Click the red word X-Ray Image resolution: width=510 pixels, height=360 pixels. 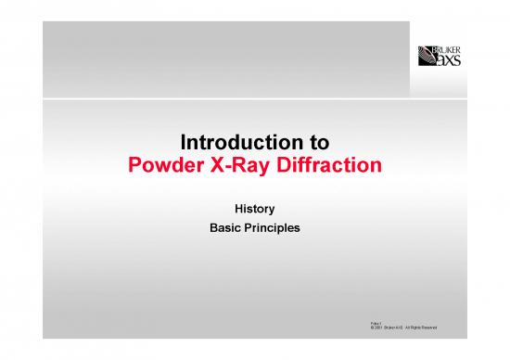point(240,168)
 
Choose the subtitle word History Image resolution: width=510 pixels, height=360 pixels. point(254,210)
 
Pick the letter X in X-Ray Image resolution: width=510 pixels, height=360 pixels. point(215,168)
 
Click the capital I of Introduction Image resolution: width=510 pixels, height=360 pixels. point(182,145)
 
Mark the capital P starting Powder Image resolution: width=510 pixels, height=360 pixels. point(132,168)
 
